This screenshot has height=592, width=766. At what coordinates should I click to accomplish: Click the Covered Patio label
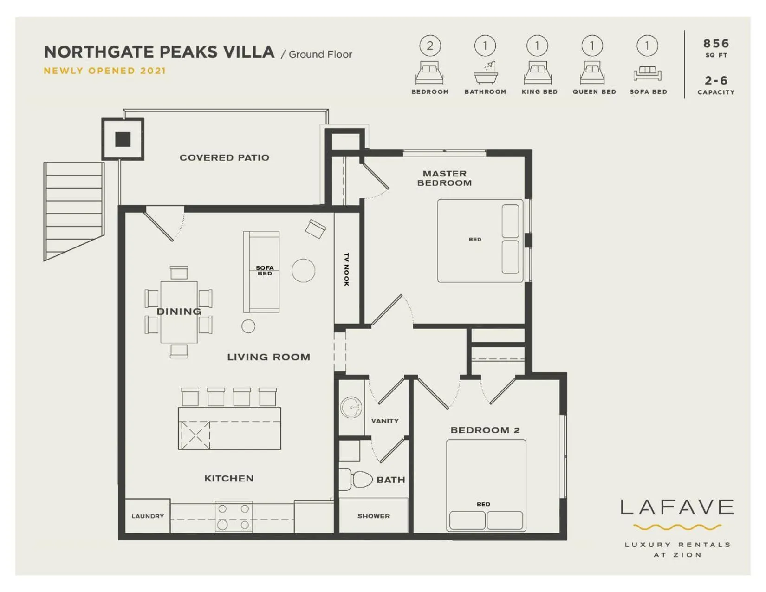(224, 157)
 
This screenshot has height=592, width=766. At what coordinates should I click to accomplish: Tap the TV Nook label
(346, 269)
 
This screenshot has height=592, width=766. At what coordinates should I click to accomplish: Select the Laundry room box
(148, 516)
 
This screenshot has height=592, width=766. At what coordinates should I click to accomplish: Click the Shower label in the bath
(374, 516)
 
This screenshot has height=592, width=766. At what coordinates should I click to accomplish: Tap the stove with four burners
(234, 516)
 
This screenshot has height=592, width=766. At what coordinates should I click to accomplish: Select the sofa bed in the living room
(261, 272)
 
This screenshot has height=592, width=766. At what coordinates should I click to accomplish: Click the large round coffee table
(304, 270)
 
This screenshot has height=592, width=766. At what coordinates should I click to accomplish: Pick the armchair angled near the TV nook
(316, 228)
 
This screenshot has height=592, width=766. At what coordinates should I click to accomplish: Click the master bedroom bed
(480, 241)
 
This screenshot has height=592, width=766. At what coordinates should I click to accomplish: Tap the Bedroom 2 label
(485, 430)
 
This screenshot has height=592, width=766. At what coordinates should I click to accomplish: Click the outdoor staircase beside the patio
(74, 209)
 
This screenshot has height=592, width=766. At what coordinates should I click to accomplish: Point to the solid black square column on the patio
(123, 139)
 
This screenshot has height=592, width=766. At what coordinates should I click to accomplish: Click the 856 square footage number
(716, 44)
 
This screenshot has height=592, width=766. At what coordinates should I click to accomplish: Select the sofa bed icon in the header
(647, 73)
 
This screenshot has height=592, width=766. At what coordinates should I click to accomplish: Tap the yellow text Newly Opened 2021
(104, 71)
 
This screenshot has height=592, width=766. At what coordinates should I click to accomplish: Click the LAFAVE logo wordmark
(677, 507)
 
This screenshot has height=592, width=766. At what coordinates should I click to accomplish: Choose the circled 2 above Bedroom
(430, 46)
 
